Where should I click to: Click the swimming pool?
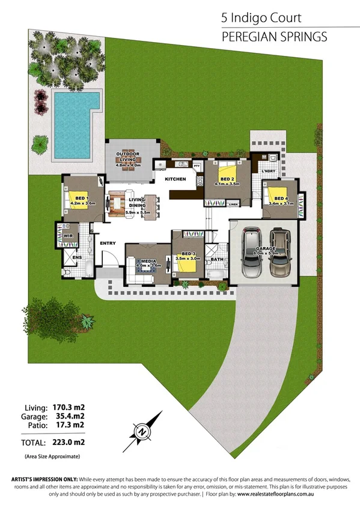pyautogui.click(x=73, y=123)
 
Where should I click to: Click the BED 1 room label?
pyautogui.click(x=79, y=198)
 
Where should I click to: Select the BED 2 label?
pyautogui.click(x=227, y=179)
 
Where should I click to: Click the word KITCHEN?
pyautogui.click(x=175, y=179)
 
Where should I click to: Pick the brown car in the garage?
pyautogui.click(x=280, y=253)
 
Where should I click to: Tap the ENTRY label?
pyautogui.click(x=108, y=243)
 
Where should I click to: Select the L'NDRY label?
pyautogui.click(x=268, y=170)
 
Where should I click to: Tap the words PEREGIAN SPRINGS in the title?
pyautogui.click(x=274, y=37)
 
